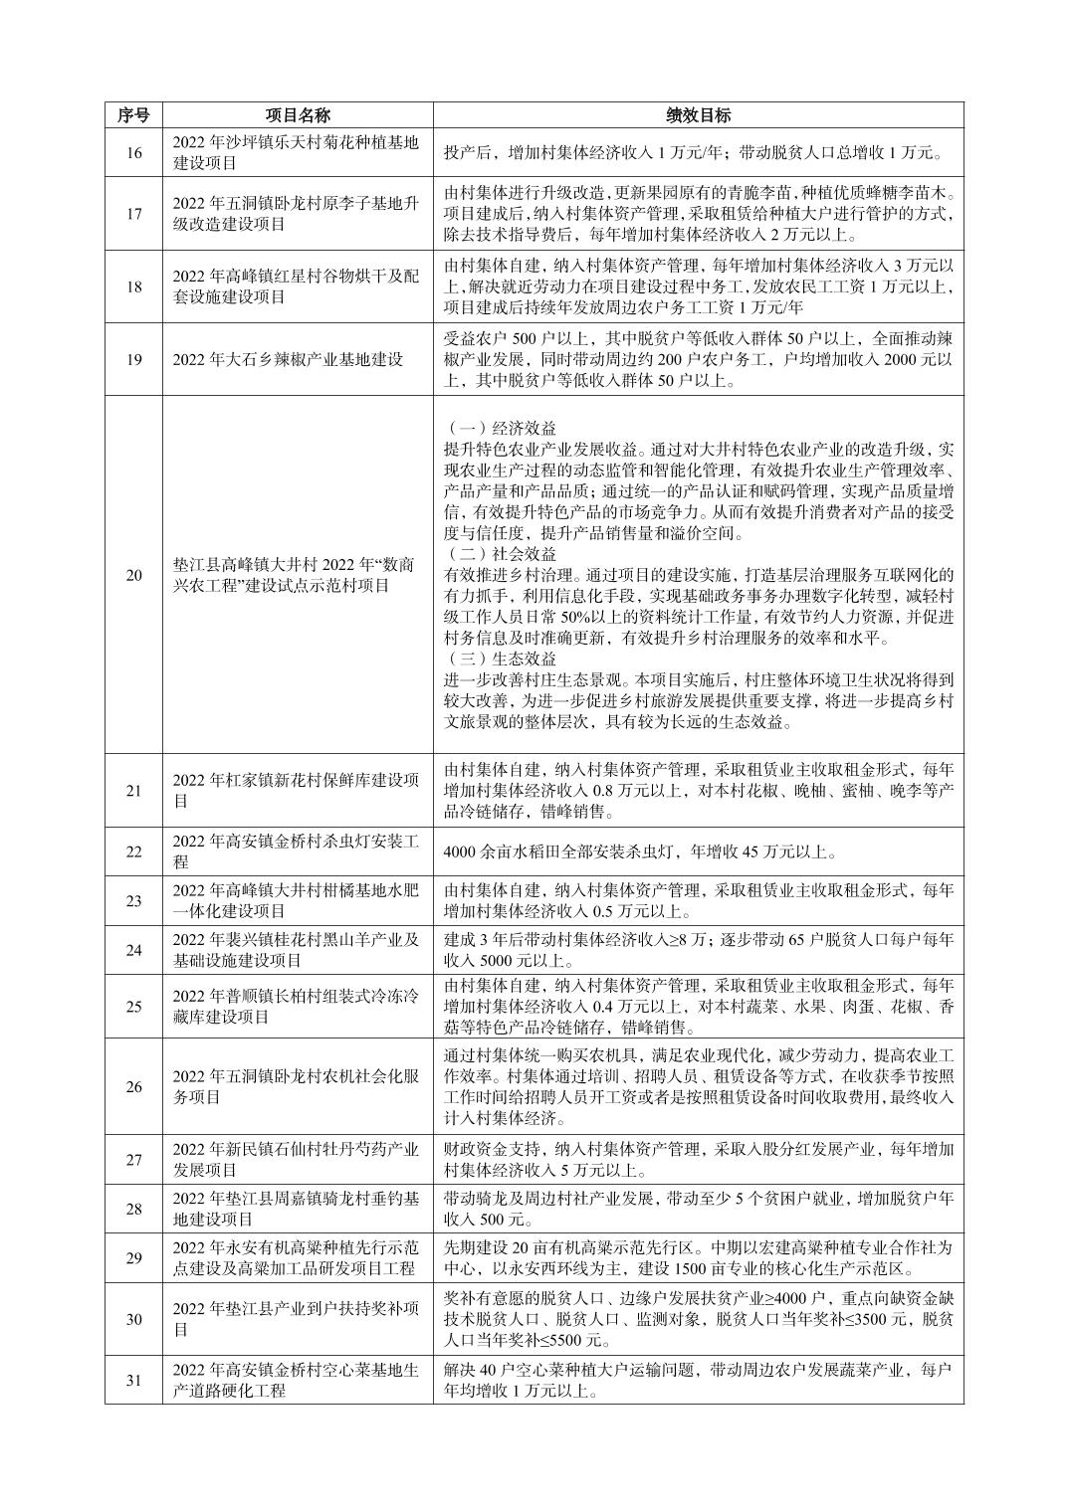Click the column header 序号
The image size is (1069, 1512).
coord(133,115)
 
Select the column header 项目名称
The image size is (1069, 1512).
coord(298,115)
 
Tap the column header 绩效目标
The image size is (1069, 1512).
coord(698,115)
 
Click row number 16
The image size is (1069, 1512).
coord(133,153)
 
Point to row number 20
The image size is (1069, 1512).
coord(133,575)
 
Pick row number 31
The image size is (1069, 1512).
coord(133,1380)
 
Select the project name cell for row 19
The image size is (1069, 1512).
coord(288,359)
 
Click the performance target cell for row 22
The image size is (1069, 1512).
coord(640,851)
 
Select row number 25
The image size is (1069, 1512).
coord(133,1006)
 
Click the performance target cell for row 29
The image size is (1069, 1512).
coord(698,1258)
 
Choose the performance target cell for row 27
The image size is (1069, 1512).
coord(698,1159)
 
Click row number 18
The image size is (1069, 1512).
coord(133,286)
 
